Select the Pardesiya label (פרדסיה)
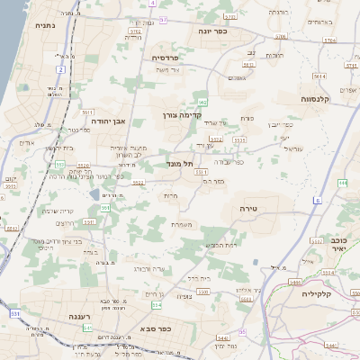165,57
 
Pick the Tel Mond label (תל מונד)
180,164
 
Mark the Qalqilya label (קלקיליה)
318,293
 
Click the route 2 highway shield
61,68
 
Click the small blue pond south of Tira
256,263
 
